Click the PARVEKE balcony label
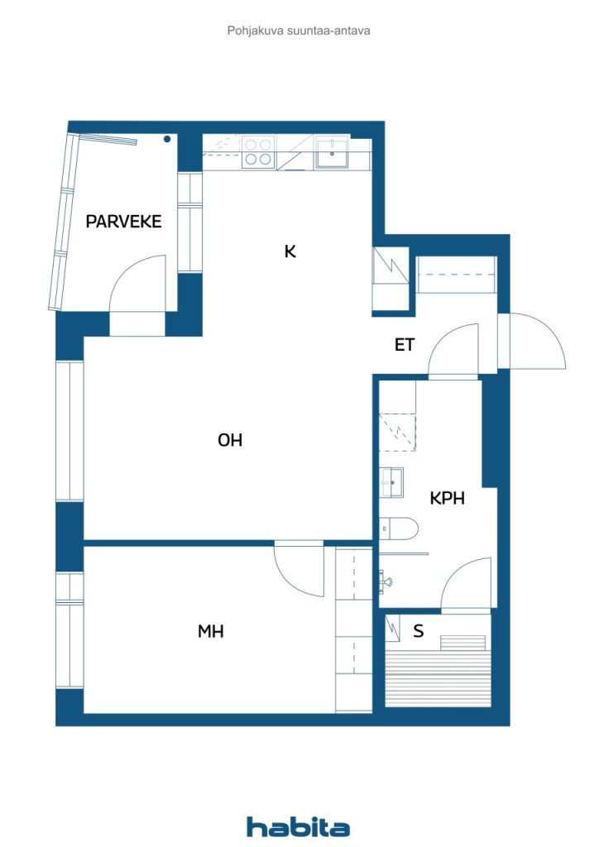click(124, 222)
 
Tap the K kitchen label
click(290, 251)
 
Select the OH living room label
click(229, 440)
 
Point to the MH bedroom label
click(211, 631)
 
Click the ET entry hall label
click(405, 345)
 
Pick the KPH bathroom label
click(448, 498)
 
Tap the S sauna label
click(418, 630)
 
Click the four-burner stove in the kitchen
click(257, 152)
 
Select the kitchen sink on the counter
click(333, 153)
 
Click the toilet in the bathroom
click(399, 528)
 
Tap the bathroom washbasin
click(391, 482)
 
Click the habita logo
click(298, 826)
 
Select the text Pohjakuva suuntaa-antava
click(299, 31)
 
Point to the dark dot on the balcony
click(167, 139)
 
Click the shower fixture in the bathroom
click(386, 580)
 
